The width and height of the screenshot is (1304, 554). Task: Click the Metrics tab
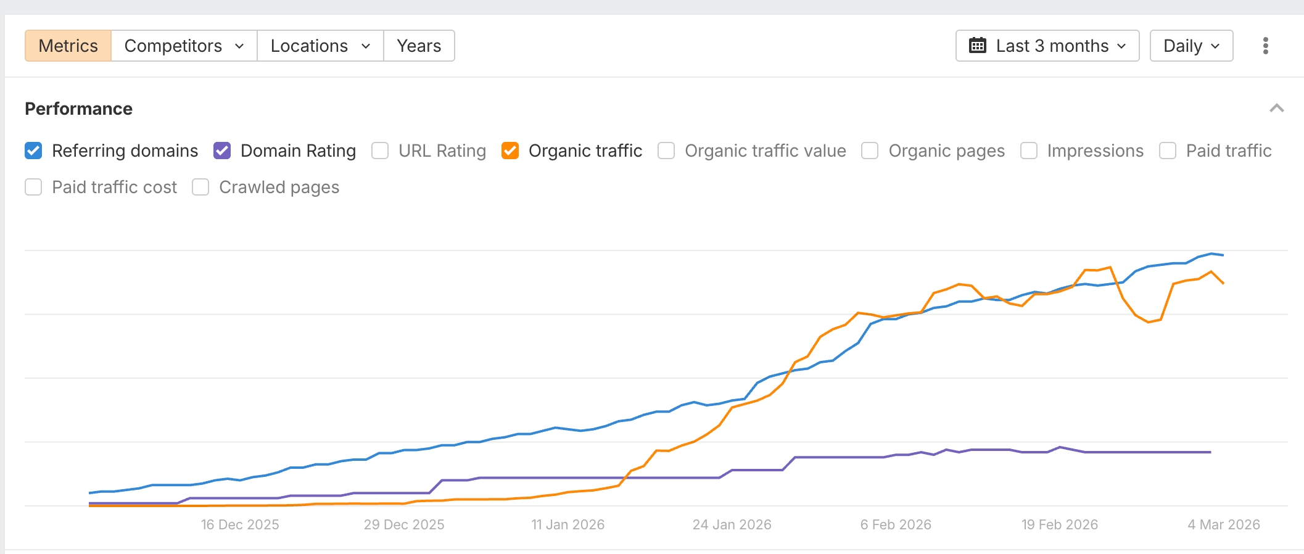tap(68, 46)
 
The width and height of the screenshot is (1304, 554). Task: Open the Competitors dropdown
tap(184, 46)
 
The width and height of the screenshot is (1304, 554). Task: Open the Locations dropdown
tap(320, 46)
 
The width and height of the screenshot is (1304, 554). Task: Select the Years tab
tap(419, 46)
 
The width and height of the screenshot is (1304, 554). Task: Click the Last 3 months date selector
tap(1047, 46)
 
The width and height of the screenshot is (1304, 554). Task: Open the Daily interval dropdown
tap(1191, 46)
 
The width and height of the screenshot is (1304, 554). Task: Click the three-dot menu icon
tap(1265, 46)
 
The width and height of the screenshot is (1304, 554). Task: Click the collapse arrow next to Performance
tap(1276, 109)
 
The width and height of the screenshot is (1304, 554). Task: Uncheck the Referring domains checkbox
tap(33, 151)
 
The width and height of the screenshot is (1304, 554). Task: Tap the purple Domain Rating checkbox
tap(222, 151)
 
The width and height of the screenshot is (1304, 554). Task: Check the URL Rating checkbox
tap(380, 151)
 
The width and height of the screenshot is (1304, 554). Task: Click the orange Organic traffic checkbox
tap(510, 151)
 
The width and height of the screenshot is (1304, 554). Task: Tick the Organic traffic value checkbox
tap(666, 151)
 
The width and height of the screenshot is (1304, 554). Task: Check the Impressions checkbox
tap(1028, 151)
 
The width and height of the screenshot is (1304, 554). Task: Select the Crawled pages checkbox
tap(200, 187)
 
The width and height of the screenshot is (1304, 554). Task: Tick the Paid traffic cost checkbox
tap(33, 187)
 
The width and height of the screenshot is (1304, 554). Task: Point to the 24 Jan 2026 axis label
tap(732, 524)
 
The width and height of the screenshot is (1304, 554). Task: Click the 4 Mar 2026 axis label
tap(1223, 524)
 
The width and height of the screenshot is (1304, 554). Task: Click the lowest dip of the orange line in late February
tap(1149, 322)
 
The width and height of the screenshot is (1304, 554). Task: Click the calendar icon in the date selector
tap(977, 46)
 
